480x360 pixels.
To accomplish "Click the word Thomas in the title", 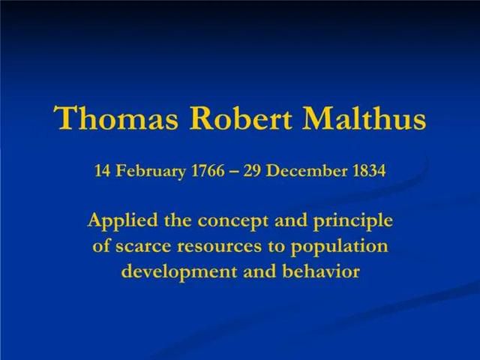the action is pos(115,118).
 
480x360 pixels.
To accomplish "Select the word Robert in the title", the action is pos(240,118).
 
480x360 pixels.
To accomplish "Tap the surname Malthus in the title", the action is pos(364,118).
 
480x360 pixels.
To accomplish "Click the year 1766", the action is pos(208,171).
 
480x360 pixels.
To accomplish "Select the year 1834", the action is pos(369,171).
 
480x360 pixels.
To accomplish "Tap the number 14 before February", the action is pos(102,171).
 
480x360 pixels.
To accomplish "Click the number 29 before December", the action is pos(252,171).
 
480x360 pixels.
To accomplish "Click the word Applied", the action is pos(123,221).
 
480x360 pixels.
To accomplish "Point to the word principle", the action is pos(352,221).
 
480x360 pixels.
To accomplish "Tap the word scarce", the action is pos(142,246).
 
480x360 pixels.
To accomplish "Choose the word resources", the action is pos(219,246).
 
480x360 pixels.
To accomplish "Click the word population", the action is pos(339,247).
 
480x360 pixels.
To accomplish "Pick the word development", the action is pos(179,272).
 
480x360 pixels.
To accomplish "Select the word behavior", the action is pos(320,271).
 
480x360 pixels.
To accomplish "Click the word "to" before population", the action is pos(276,246).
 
